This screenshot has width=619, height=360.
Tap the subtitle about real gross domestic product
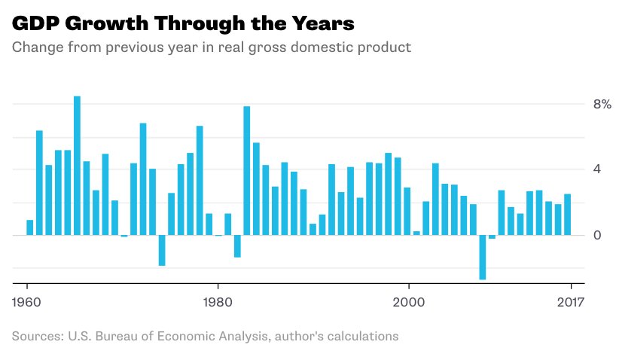point(212,47)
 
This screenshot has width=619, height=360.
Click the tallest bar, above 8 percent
point(77,166)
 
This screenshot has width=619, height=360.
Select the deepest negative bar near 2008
point(482,257)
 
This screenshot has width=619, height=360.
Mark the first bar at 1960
point(30,227)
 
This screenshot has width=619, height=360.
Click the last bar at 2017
point(567,215)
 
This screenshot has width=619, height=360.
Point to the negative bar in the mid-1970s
point(162,250)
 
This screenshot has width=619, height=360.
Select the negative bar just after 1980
point(237,246)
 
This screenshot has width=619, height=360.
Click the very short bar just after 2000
point(416,233)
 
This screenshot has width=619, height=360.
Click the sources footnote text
point(205,336)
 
